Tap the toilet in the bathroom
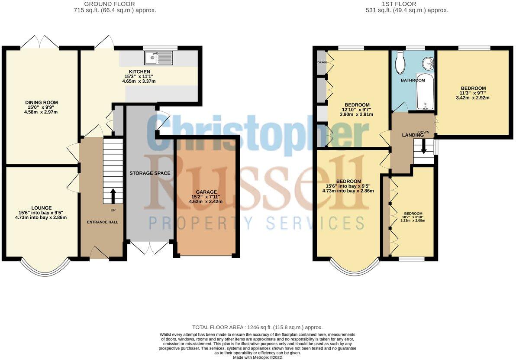click(x=400, y=62)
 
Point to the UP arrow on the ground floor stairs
click(x=113, y=196)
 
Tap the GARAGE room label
click(x=206, y=192)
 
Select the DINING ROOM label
click(x=41, y=103)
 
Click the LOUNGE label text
click(x=41, y=208)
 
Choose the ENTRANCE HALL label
click(x=102, y=222)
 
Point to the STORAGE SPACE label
click(x=150, y=173)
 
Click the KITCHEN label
click(x=139, y=72)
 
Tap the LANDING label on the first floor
click(x=413, y=136)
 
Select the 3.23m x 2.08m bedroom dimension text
click(x=413, y=220)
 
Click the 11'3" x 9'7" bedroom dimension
click(x=473, y=93)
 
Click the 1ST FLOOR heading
click(x=399, y=4)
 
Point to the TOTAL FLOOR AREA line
click(x=258, y=328)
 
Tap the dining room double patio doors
click(x=39, y=42)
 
